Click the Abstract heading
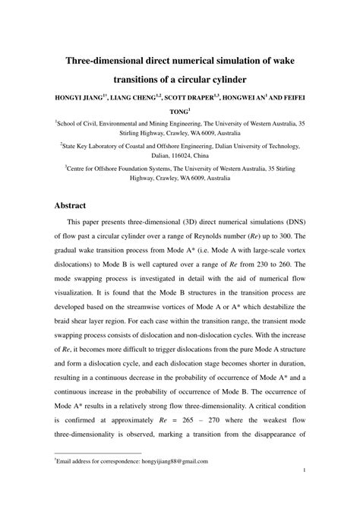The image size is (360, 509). [74, 206]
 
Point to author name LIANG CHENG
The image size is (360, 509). [139, 99]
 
